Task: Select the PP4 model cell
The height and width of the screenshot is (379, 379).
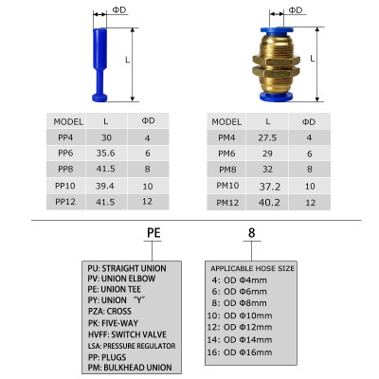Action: [x=64, y=138]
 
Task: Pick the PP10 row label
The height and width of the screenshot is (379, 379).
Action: [x=64, y=186]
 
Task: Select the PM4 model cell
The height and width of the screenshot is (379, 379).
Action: [x=226, y=138]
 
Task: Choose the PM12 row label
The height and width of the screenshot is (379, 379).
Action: [x=226, y=202]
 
